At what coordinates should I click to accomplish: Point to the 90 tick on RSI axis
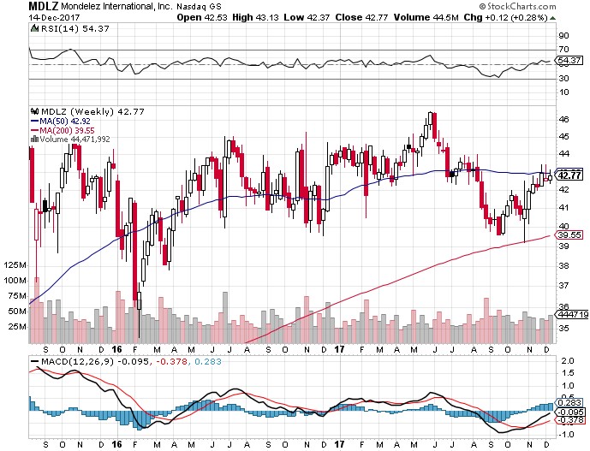pos(563,36)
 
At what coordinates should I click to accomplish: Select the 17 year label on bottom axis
pos(339,350)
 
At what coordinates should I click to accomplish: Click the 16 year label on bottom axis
pos(117,350)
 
